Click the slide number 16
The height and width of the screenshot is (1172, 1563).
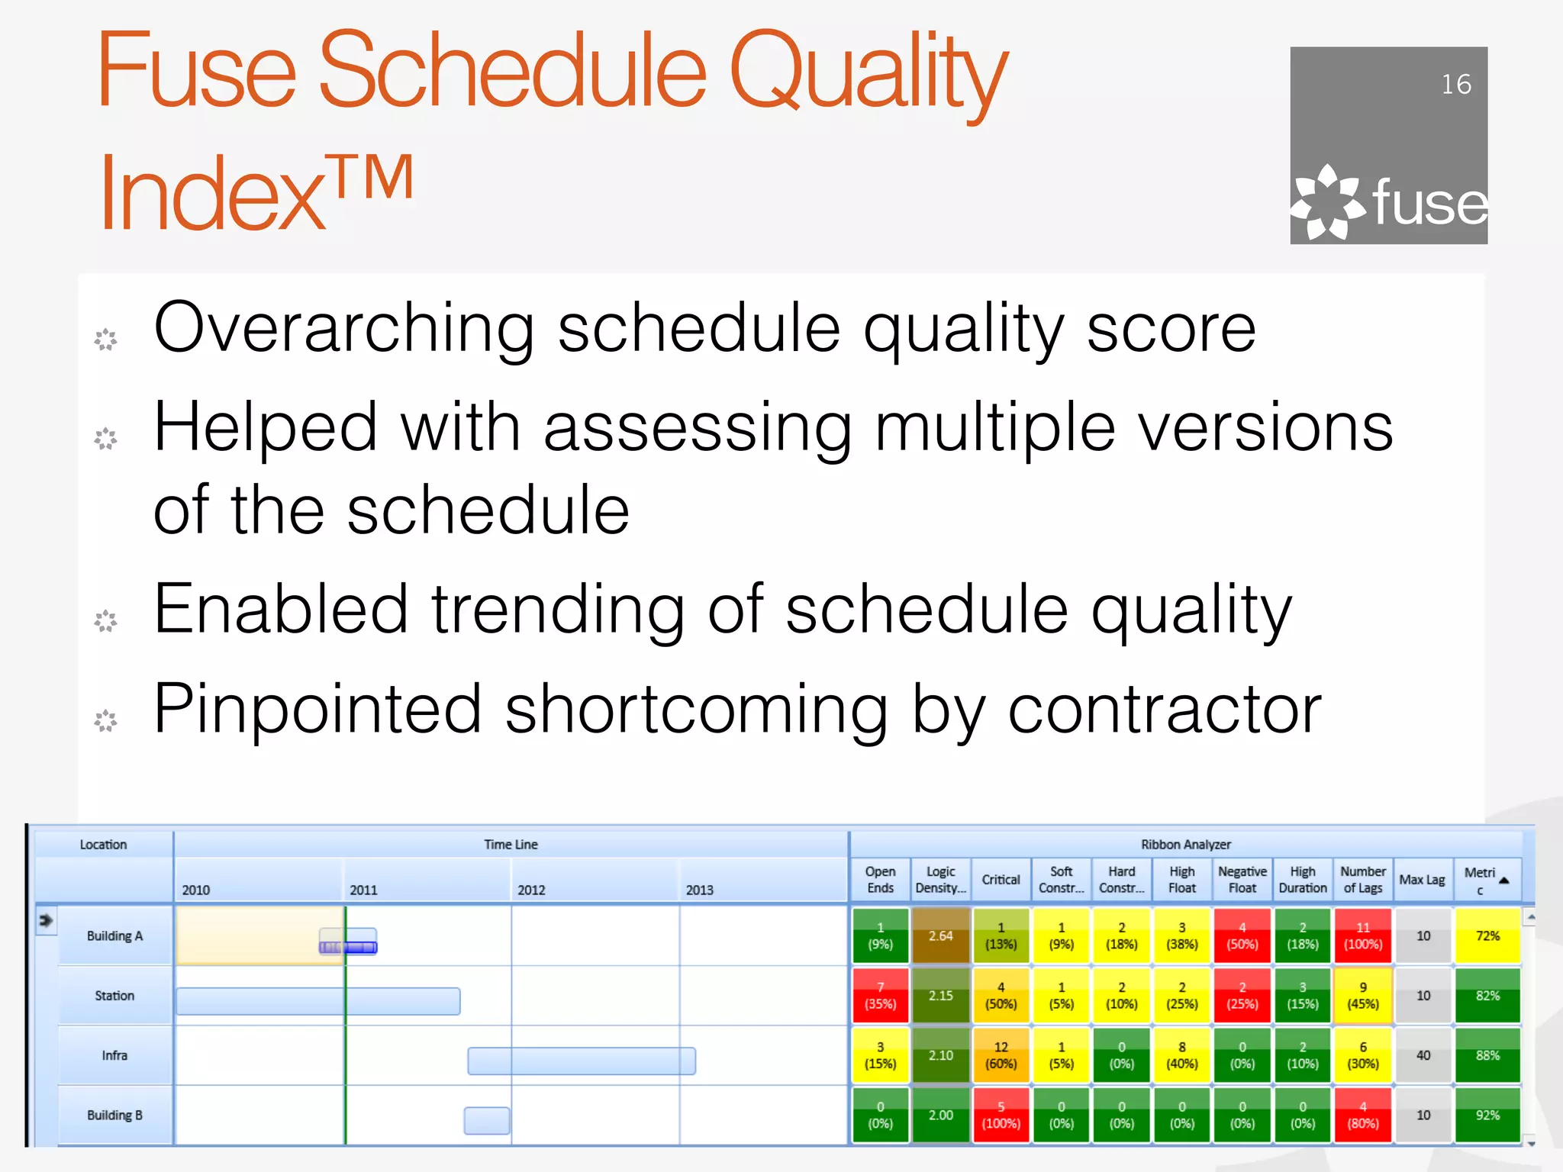click(1455, 84)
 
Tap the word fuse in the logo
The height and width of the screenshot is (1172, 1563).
click(1429, 204)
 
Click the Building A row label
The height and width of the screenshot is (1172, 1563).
click(114, 935)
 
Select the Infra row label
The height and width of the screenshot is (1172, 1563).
click(114, 1055)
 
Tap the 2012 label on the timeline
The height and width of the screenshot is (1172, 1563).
click(531, 890)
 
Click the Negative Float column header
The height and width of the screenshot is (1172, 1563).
click(1242, 880)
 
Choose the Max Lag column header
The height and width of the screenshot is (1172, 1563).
click(1422, 880)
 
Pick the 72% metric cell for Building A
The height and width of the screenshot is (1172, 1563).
click(1487, 935)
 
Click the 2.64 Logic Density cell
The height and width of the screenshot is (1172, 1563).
click(940, 935)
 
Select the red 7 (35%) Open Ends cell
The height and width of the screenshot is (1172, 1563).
click(880, 996)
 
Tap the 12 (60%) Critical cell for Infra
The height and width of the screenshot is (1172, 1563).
click(1001, 1055)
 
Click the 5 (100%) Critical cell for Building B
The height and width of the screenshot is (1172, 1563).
click(1001, 1115)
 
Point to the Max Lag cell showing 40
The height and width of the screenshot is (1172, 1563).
click(1423, 1055)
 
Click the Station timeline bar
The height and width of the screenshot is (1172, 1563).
click(317, 1001)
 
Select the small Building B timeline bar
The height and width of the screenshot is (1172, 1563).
click(487, 1120)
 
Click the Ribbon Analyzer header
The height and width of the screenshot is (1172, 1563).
click(1185, 845)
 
